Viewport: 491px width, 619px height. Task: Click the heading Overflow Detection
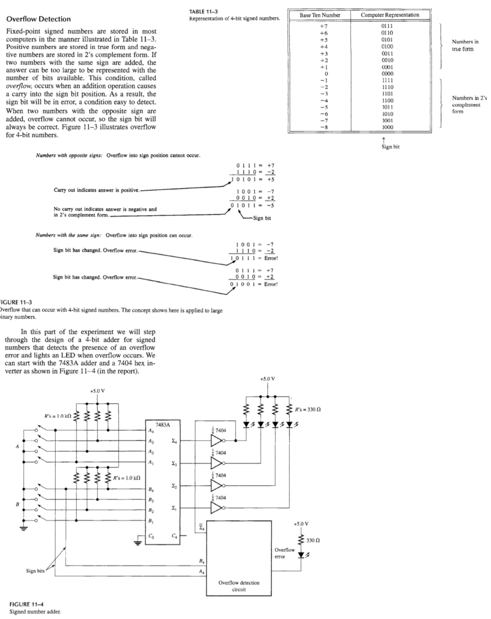pyautogui.click(x=38, y=19)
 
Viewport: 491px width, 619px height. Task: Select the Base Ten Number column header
pyautogui.click(x=320, y=15)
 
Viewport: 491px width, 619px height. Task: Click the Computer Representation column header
pyautogui.click(x=390, y=15)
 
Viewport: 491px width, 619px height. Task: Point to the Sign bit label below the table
pyautogui.click(x=389, y=147)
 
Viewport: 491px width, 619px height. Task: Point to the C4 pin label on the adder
pyautogui.click(x=173, y=535)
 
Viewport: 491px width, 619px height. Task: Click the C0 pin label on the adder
pyautogui.click(x=151, y=535)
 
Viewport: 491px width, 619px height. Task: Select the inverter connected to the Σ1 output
pyautogui.click(x=217, y=508)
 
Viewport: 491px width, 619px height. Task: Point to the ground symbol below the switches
pyautogui.click(x=23, y=528)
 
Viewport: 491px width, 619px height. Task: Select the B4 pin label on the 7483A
pyautogui.click(x=151, y=490)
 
